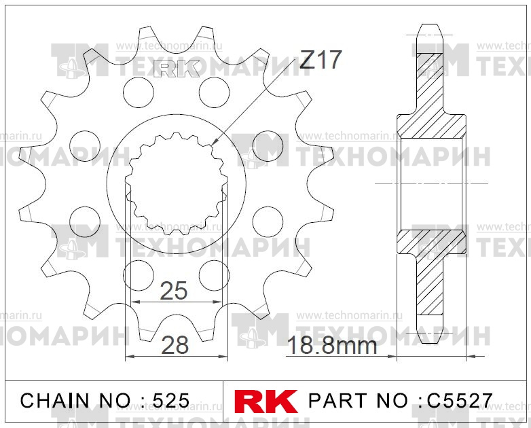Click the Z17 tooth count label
(x=319, y=60)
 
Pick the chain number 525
(x=171, y=400)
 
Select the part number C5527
(x=460, y=400)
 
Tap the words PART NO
(x=359, y=400)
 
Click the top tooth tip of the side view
(x=431, y=29)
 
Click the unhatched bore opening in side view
(x=431, y=183)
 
